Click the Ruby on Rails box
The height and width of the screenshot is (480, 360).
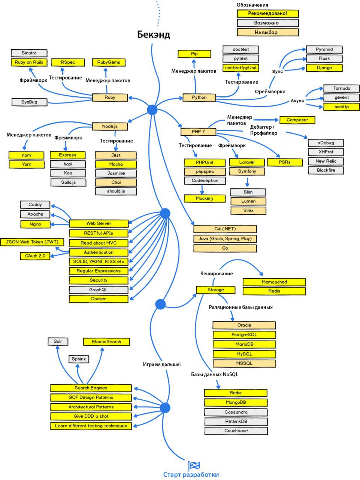point(29,62)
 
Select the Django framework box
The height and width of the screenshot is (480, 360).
point(324,68)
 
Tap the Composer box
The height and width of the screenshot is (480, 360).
point(297,120)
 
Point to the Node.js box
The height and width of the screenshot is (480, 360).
point(110,126)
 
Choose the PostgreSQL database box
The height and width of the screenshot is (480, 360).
point(244,335)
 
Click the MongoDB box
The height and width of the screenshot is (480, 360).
point(236,402)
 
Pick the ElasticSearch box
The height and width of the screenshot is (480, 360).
point(106,342)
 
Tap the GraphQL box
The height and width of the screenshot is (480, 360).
point(99,290)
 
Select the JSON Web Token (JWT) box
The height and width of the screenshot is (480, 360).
point(32,242)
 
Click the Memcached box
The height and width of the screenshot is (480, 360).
point(274,282)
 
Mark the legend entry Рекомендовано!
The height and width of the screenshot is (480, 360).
point(268,13)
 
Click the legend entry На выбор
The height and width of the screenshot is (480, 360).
point(268,32)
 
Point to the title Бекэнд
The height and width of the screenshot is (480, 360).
point(154,34)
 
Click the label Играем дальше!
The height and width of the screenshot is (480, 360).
point(162,364)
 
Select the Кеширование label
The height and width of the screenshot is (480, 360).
point(217,274)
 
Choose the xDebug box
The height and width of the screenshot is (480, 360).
point(326,143)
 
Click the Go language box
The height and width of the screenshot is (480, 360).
point(225,248)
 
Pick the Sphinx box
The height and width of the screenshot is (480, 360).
point(79,359)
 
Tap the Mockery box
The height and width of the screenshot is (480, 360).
point(205,198)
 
